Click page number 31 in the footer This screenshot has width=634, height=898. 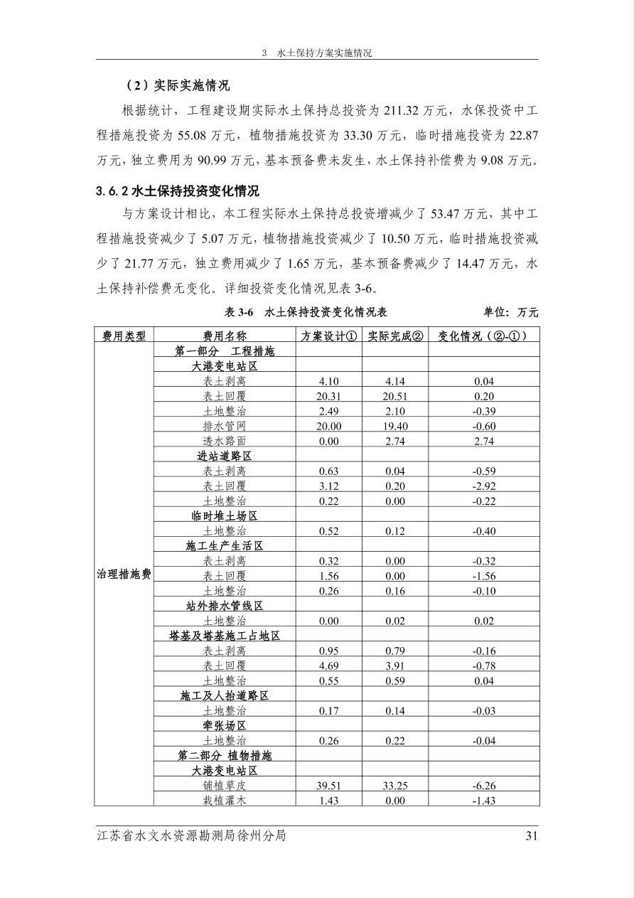pos(531,836)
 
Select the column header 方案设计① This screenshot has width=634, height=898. pos(329,336)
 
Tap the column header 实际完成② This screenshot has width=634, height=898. pos(395,336)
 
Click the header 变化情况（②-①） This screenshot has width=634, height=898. pos(483,336)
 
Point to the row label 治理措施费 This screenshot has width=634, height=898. pos(124,574)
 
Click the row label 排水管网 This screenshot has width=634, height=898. pos(225,426)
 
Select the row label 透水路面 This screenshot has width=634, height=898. pos(225,441)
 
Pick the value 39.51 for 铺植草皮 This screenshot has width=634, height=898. pos(329,786)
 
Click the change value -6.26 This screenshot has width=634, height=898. pos(483,786)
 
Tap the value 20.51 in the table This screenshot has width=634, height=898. pos(395,396)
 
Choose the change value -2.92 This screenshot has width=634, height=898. pos(483,486)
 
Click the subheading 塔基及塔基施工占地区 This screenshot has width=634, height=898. pos(225,636)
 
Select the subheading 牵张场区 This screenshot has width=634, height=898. pos(225,726)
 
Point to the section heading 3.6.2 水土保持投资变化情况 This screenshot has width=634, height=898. pos(178,191)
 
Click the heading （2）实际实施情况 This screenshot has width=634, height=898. pos(177,86)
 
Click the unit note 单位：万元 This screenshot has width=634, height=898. pos(510,312)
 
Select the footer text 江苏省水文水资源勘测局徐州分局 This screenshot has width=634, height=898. pos(191,836)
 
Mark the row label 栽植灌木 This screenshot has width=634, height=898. pos(225,801)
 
